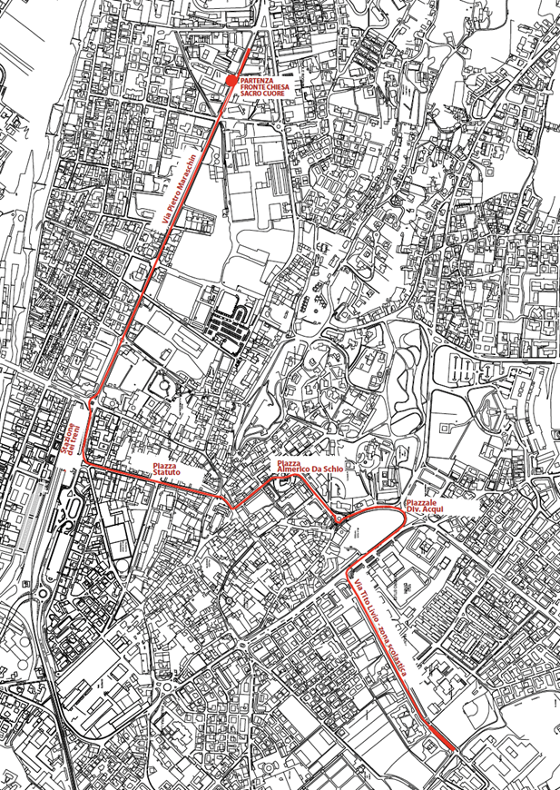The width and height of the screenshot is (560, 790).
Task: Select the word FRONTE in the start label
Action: point(252,87)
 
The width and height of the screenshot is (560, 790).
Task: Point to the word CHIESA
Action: point(275,87)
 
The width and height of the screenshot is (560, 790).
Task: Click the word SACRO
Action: point(251,94)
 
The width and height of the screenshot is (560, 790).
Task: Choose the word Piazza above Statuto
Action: point(166,465)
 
